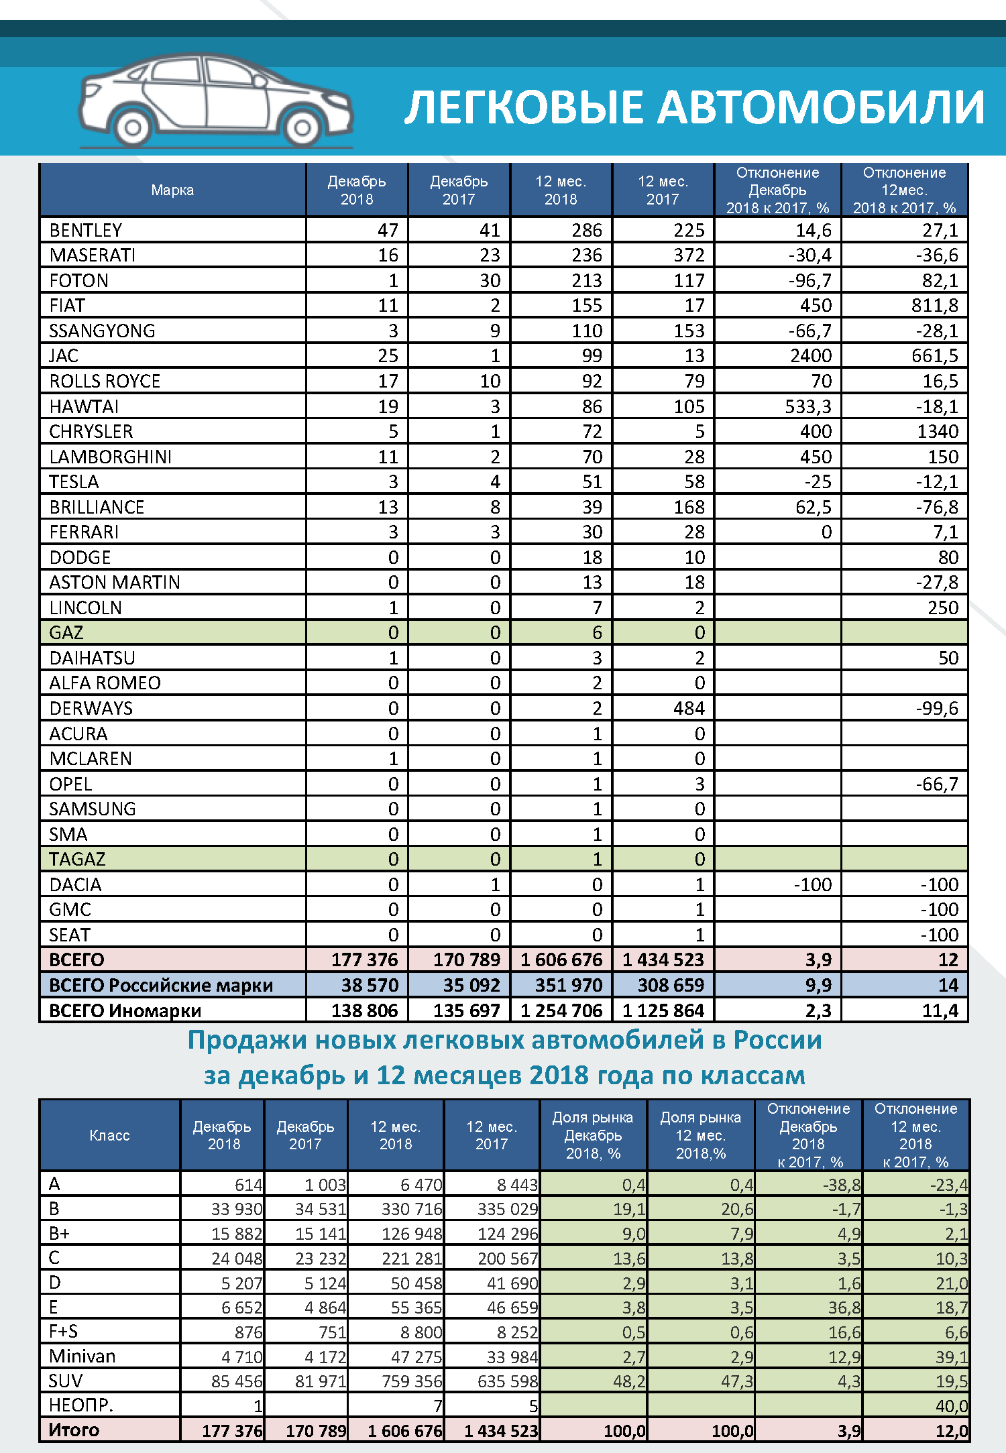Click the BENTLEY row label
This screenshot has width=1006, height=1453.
(x=86, y=230)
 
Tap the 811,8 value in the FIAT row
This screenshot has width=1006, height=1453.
(x=934, y=306)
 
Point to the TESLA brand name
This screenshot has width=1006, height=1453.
(x=74, y=481)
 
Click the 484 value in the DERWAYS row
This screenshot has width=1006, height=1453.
(x=689, y=708)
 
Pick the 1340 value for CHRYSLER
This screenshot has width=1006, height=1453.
(x=938, y=431)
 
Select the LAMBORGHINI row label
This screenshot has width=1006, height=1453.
(x=111, y=457)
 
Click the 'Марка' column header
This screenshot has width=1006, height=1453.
(x=172, y=190)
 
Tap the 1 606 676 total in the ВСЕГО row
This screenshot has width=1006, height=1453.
(x=561, y=960)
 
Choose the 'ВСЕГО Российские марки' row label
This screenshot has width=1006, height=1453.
(x=161, y=985)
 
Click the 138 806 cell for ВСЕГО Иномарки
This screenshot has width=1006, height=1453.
(x=364, y=1010)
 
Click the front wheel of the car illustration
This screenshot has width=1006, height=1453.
(x=301, y=127)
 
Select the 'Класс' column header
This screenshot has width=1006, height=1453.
(x=109, y=1135)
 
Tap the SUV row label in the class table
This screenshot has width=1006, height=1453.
(x=66, y=1381)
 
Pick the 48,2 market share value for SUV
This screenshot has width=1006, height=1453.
(x=629, y=1381)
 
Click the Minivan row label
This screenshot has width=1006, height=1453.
(x=82, y=1356)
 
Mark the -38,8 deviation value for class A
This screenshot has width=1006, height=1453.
(x=842, y=1185)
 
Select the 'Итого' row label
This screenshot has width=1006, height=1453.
(x=74, y=1430)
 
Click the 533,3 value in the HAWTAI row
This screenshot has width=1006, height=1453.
(x=808, y=406)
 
